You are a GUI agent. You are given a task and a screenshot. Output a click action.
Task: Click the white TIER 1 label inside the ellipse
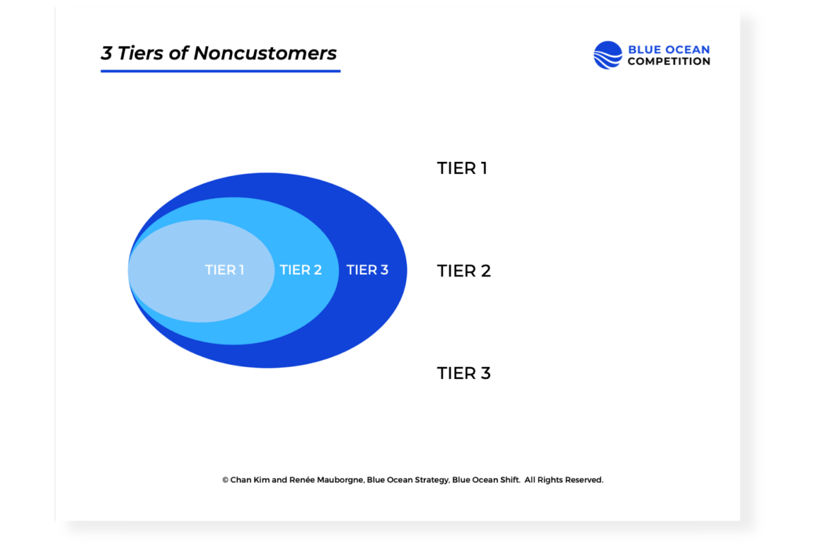click(224, 270)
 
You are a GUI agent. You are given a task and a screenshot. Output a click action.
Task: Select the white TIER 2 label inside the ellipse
click(301, 270)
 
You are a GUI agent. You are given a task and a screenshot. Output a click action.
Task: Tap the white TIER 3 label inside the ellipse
click(367, 270)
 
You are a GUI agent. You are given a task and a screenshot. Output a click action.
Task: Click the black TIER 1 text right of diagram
click(462, 168)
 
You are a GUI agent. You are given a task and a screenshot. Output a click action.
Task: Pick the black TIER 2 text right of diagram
click(464, 271)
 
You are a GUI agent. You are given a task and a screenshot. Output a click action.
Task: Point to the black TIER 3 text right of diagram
click(464, 373)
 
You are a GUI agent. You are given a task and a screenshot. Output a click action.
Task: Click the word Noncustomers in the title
click(265, 53)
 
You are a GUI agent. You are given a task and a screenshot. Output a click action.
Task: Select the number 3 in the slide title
click(107, 53)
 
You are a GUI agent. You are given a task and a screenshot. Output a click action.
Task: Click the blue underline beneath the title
click(220, 71)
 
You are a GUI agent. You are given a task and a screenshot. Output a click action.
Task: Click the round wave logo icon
click(608, 55)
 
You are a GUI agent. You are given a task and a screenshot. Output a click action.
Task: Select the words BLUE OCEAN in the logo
click(669, 49)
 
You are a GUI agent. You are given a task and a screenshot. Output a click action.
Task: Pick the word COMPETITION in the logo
click(669, 62)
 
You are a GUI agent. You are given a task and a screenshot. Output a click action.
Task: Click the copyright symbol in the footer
click(225, 480)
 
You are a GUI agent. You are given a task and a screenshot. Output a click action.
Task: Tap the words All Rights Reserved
click(564, 480)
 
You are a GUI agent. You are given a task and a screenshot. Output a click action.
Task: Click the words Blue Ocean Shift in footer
click(485, 480)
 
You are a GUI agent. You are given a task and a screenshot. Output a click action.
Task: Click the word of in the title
click(179, 53)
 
